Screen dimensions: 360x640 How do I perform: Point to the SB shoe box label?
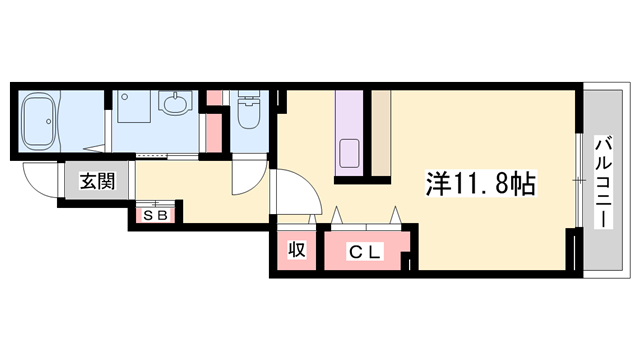pos(155,213)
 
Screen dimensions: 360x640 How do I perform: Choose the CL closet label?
pos(364,253)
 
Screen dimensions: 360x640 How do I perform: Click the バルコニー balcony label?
pos(603,181)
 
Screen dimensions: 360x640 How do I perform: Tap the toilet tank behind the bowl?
pos(247,99)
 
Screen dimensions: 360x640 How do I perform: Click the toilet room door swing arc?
pos(248,179)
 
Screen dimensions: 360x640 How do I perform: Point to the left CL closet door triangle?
pos(336,216)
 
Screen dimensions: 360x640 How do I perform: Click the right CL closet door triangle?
pos(397,216)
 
